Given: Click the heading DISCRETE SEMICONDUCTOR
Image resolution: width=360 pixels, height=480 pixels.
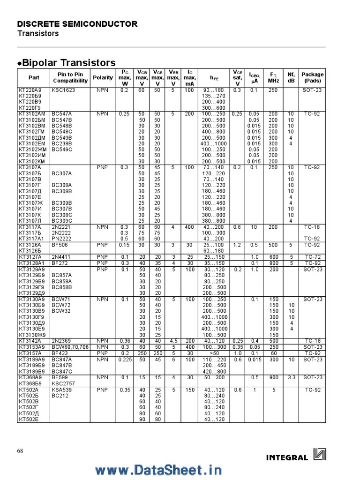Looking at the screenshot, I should click(x=77, y=24).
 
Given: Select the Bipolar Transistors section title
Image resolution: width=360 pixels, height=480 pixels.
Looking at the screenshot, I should click(x=68, y=62).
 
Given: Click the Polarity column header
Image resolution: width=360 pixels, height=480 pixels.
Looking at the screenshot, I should click(x=103, y=77).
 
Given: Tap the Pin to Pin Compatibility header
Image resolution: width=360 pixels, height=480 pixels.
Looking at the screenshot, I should click(x=70, y=77).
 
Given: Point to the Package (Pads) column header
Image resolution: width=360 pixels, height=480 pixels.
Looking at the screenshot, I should click(x=312, y=77).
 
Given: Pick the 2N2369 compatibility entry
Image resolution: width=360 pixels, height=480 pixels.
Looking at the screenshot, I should click(x=60, y=340).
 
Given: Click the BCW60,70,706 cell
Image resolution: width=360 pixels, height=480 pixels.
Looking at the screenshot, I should click(x=70, y=347).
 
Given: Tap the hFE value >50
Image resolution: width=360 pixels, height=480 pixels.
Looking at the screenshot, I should click(x=214, y=353).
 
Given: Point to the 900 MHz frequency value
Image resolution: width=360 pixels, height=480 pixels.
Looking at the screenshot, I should click(x=273, y=377).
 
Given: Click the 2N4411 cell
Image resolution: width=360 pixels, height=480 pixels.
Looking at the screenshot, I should click(x=60, y=256).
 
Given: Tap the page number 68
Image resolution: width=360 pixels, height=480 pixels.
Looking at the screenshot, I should click(x=20, y=451).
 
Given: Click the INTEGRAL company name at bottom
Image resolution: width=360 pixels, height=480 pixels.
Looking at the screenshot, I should click(x=287, y=457).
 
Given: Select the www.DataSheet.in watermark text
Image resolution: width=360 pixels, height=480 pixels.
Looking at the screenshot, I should click(x=158, y=469).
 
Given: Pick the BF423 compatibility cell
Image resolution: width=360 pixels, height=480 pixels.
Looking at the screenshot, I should click(x=60, y=353).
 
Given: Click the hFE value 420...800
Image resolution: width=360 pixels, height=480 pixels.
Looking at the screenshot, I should click(x=214, y=371).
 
